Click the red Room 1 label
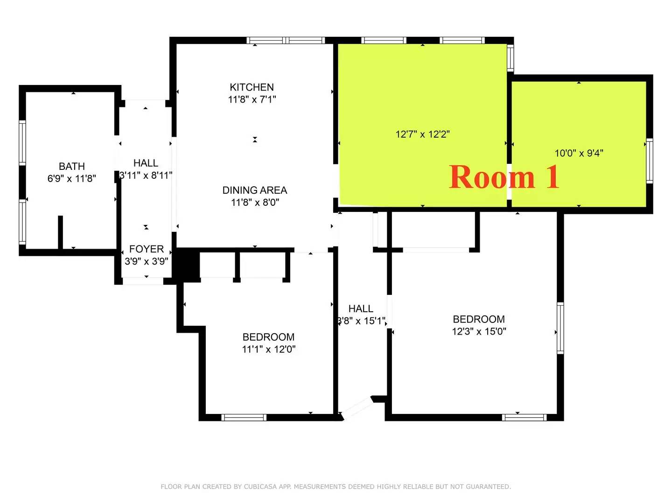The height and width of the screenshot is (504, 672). pyautogui.click(x=504, y=177)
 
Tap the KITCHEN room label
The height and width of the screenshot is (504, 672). pyautogui.click(x=252, y=87)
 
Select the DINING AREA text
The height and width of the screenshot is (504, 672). pyautogui.click(x=254, y=190)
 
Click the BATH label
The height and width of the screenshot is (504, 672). pyautogui.click(x=72, y=167)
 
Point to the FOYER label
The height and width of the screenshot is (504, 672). pyautogui.click(x=146, y=249)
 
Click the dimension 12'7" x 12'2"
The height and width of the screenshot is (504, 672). pyautogui.click(x=422, y=134)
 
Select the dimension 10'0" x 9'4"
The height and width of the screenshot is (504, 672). pyautogui.click(x=579, y=153)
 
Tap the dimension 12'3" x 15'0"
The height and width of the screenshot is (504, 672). pyautogui.click(x=479, y=331)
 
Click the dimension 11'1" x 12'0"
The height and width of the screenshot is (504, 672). pyautogui.click(x=268, y=349)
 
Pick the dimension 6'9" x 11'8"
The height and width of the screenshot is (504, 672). pyautogui.click(x=72, y=178)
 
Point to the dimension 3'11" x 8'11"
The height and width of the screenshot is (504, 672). pyautogui.click(x=146, y=175)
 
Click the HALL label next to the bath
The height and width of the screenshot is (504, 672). pyautogui.click(x=146, y=163)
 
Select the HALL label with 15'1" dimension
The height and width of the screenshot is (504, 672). pyautogui.click(x=361, y=309)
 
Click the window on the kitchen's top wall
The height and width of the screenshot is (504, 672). pyautogui.click(x=285, y=41)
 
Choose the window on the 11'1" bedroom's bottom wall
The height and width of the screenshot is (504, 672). pyautogui.click(x=244, y=417)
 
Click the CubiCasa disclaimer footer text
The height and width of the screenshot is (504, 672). pyautogui.click(x=336, y=487)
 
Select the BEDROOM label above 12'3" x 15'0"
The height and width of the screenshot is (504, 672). pyautogui.click(x=479, y=319)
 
